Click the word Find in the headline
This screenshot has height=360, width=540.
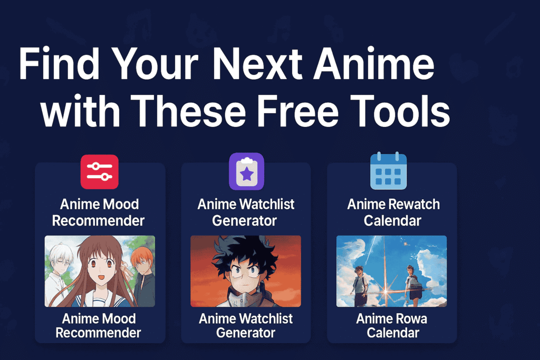click(x=59, y=64)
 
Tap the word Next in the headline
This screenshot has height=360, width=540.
click(x=257, y=64)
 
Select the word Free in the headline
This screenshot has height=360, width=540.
click(x=298, y=111)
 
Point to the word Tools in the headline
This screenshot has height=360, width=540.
click(x=401, y=111)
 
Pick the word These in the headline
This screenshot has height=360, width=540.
click(x=188, y=111)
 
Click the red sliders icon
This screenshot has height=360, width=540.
click(x=100, y=172)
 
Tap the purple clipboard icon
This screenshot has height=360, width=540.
click(x=247, y=171)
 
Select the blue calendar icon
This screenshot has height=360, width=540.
click(x=389, y=171)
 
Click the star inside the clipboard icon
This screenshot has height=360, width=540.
click(x=247, y=174)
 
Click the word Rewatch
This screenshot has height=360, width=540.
click(x=416, y=205)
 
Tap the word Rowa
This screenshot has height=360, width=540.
click(x=410, y=319)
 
